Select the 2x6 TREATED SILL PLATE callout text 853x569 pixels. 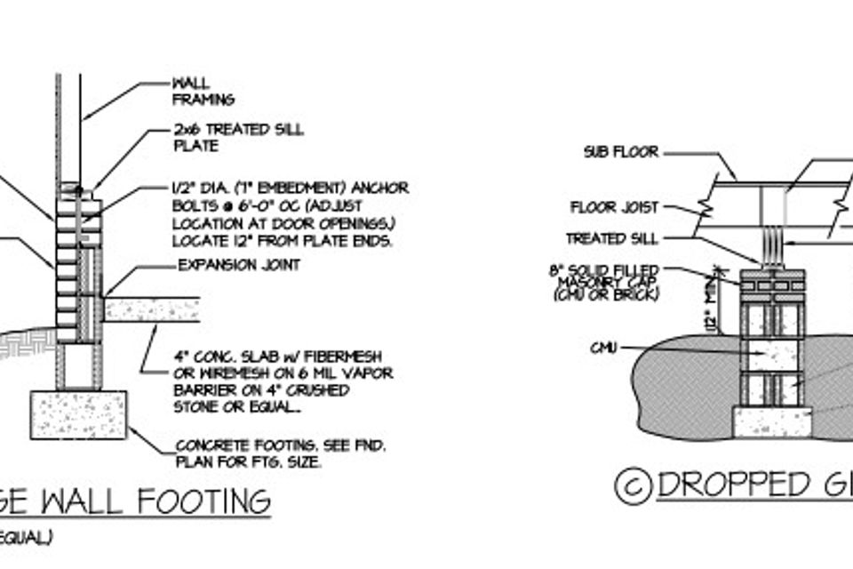(238, 137)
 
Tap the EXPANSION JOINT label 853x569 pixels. (239, 265)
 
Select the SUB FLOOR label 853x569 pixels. (621, 152)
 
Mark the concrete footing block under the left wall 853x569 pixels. (79, 414)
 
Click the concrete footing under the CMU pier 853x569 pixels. (771, 421)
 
